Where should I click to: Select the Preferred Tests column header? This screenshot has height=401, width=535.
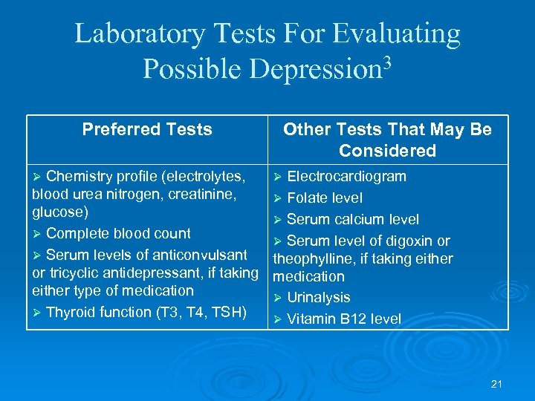pyautogui.click(x=147, y=130)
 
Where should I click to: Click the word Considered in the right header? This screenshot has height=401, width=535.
pyautogui.click(x=387, y=151)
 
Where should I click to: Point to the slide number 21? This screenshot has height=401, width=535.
pyautogui.click(x=497, y=384)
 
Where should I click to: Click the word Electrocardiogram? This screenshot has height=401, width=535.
pyautogui.click(x=346, y=177)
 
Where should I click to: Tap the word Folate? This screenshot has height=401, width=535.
pyautogui.click(x=306, y=198)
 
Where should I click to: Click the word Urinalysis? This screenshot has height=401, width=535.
pyautogui.click(x=318, y=298)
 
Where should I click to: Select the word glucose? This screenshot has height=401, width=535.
pyautogui.click(x=58, y=212)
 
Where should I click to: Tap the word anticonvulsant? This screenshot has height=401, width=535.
pyautogui.click(x=201, y=255)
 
